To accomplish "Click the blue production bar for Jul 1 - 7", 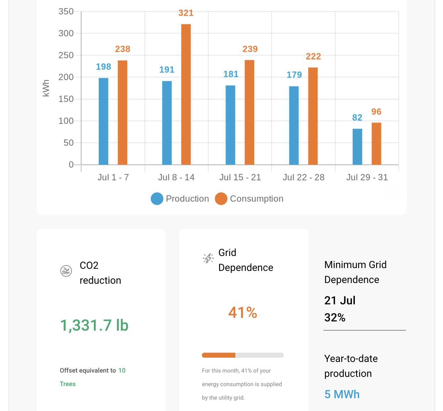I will pos(103,121).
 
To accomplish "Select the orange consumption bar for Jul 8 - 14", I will pos(186,94).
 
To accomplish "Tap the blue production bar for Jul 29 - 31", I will pos(357,146).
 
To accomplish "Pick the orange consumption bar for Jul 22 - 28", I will pos(313,116).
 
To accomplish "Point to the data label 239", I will pos(250,49).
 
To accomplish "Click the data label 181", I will pos(231,74).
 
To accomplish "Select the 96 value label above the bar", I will pos(376,112).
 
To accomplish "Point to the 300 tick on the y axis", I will pos(66,33).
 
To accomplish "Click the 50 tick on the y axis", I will pos(69,143).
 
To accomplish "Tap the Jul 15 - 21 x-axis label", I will pos(240,177).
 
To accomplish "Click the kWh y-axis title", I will pos(46,88).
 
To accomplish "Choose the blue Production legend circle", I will pos(157,199).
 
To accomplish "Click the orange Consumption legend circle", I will pos(221,199).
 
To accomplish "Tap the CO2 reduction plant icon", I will pos(66,271).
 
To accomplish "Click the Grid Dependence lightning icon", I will pos(208,258).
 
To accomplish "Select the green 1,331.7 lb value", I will pos(94,325).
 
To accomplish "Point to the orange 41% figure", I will pos(242,313).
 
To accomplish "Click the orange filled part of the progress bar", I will pos(219,355).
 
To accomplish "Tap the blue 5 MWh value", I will pos(342,394).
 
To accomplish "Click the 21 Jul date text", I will pos(340,300).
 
